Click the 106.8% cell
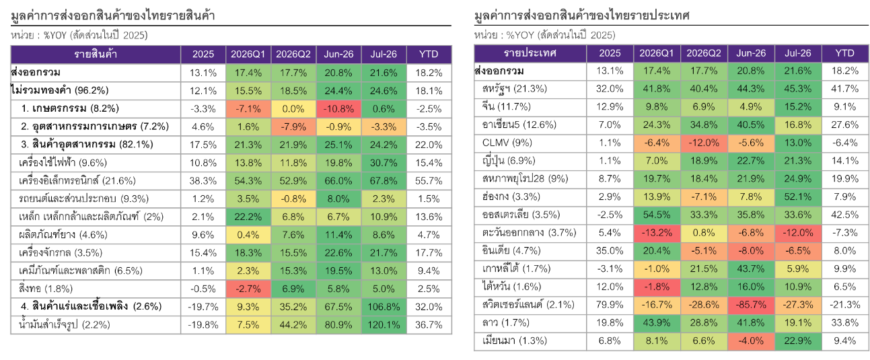[384, 307]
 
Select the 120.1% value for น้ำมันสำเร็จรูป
[384, 324]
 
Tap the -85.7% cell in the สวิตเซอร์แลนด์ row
[751, 305]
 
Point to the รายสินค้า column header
[96, 54]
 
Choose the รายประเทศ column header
[530, 53]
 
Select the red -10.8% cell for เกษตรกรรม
[338, 109]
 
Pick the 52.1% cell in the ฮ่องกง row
[798, 197]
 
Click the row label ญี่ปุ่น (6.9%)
[509, 161]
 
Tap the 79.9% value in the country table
[610, 305]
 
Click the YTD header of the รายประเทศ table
[844, 53]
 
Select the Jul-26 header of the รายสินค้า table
[384, 54]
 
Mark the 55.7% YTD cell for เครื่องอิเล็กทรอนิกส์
[429, 180]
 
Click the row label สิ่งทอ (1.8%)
[46, 289]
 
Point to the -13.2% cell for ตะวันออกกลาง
[657, 233]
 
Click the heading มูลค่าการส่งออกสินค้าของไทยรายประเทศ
[581, 15]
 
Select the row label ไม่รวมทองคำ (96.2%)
[60, 90]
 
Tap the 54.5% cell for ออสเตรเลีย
[657, 215]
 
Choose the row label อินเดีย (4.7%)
[511, 251]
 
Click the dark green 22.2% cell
[248, 217]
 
